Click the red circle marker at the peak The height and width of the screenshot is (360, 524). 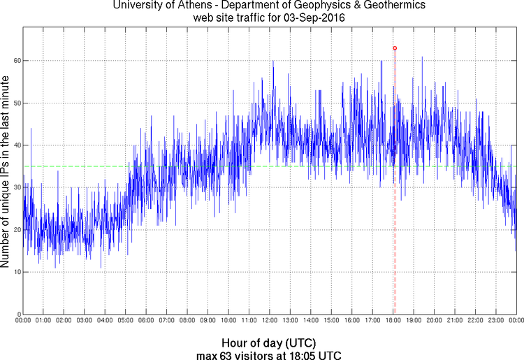(x=395, y=48)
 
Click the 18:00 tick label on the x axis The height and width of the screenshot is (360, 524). (x=394, y=320)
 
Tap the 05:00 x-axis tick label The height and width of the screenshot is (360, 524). (x=126, y=320)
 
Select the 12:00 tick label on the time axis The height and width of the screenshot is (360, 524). (x=270, y=320)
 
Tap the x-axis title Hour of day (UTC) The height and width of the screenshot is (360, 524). (x=269, y=343)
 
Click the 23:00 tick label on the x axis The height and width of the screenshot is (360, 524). (x=497, y=320)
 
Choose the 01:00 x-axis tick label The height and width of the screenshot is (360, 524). (x=43, y=320)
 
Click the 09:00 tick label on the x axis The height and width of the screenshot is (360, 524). (x=208, y=320)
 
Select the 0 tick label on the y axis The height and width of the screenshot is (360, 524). (x=18, y=314)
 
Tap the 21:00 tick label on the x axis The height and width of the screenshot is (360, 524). (x=456, y=320)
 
